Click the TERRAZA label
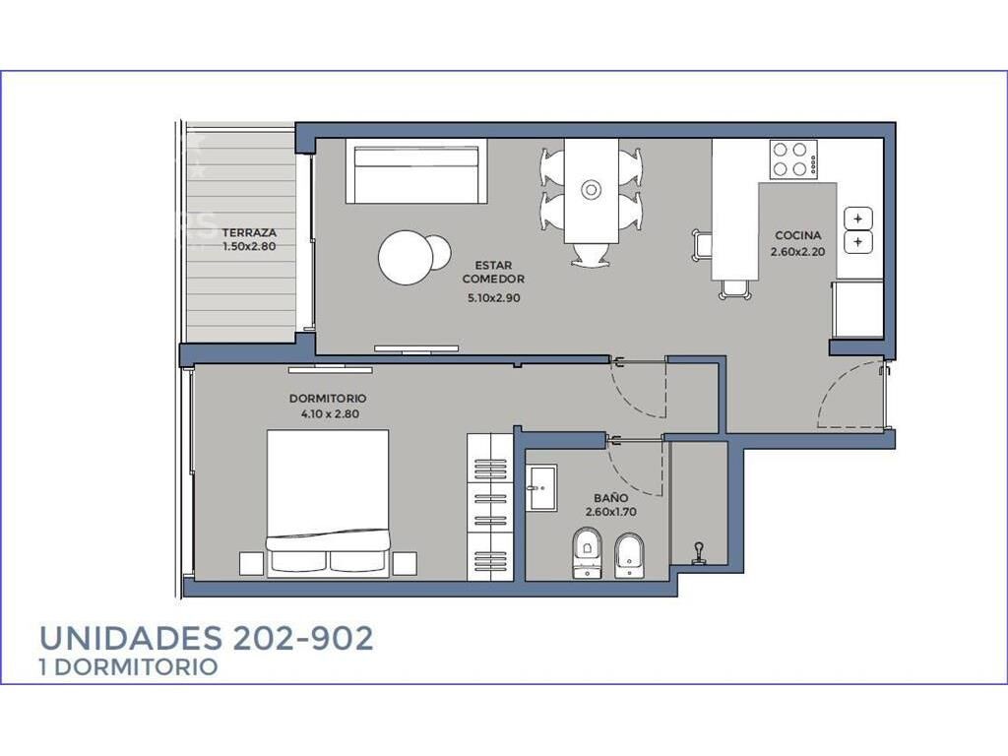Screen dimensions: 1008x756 click(249, 232)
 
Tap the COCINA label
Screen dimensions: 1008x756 click(797, 235)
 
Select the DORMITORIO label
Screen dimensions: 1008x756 click(328, 399)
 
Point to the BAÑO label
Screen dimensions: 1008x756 click(610, 498)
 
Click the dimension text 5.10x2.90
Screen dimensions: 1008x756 click(494, 298)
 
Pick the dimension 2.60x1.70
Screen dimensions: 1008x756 click(610, 512)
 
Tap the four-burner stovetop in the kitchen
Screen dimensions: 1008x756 click(794, 159)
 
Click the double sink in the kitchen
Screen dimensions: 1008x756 click(858, 230)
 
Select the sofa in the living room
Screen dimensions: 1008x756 click(416, 171)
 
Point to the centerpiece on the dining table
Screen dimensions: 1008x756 click(591, 190)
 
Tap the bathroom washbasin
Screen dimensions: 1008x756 click(541, 488)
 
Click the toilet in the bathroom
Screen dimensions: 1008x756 click(587, 553)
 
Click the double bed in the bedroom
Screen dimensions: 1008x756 click(328, 503)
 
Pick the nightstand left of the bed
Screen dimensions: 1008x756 click(251, 563)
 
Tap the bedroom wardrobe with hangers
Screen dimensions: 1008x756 click(490, 507)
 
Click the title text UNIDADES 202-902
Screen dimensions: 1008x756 click(207, 638)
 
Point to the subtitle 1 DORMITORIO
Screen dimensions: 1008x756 click(129, 667)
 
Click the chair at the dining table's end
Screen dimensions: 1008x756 click(591, 255)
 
